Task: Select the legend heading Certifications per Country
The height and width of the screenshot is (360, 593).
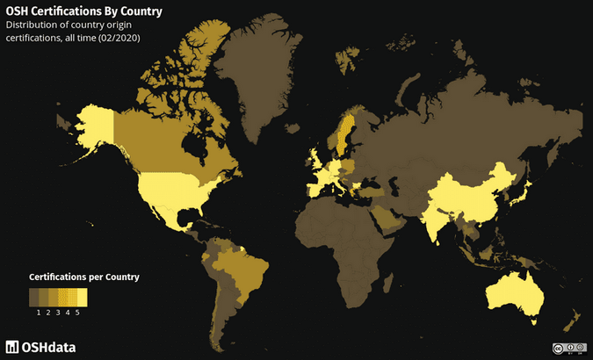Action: [83, 277]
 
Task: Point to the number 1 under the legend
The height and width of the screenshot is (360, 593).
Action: [40, 312]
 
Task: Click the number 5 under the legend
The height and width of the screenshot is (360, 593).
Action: [77, 312]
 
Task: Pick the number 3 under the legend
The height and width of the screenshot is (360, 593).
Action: [58, 312]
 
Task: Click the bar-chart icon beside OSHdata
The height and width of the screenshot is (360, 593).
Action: [12, 347]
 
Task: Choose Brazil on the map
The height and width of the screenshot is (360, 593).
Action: [242, 263]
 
